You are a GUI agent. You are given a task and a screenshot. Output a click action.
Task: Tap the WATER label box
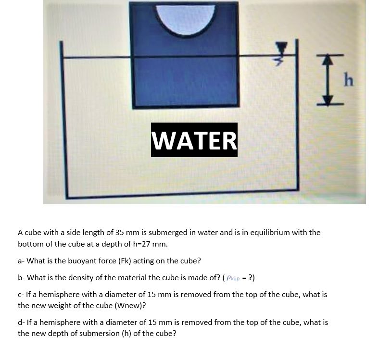click(194, 140)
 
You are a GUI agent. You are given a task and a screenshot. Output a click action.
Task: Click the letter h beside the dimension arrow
click(349, 81)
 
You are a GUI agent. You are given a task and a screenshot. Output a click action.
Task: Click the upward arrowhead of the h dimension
click(328, 59)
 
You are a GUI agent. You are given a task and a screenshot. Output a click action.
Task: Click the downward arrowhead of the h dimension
click(328, 99)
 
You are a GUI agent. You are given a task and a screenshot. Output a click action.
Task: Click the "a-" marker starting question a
click(21, 261)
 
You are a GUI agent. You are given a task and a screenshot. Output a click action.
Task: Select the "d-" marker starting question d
click(22, 322)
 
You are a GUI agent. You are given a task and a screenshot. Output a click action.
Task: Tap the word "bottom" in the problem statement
click(31, 244)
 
